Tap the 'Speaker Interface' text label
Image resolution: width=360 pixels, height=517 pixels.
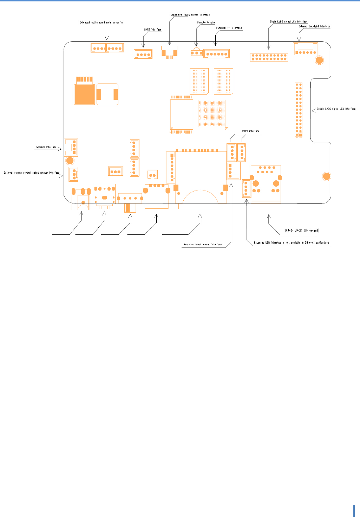(x=46, y=147)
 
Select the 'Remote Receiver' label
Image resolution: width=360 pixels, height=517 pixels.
(x=207, y=22)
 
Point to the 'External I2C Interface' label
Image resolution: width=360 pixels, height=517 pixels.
(x=229, y=28)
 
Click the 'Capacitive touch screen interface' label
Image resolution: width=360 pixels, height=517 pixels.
(x=190, y=15)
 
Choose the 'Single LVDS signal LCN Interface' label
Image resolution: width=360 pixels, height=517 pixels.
(x=288, y=21)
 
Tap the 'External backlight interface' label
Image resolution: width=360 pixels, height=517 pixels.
(x=314, y=26)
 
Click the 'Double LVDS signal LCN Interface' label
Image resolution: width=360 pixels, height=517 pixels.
(x=336, y=109)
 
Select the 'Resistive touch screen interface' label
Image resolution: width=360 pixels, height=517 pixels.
(x=203, y=244)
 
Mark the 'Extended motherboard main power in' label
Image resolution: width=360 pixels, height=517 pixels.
(x=101, y=22)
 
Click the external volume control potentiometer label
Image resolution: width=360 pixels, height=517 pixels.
(x=32, y=173)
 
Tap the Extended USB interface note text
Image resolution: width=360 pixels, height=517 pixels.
(x=292, y=243)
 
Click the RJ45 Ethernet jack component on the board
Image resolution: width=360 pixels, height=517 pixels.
(x=266, y=184)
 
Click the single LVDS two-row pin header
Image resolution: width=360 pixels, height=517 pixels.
(x=269, y=57)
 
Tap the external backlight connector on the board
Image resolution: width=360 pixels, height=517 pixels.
(x=305, y=49)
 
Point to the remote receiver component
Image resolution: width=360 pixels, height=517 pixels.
(x=197, y=53)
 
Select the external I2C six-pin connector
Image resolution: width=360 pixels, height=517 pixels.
(x=216, y=54)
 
